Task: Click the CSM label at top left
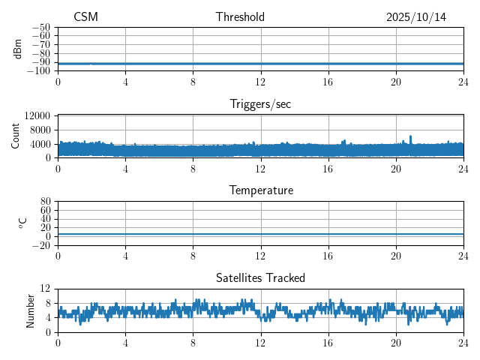pos(85,17)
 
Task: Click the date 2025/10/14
pos(416,17)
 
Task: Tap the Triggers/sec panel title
pos(260,104)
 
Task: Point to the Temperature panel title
pos(260,190)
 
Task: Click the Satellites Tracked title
pos(260,278)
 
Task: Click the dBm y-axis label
pos(18,49)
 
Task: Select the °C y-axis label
pos(22,223)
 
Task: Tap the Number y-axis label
pos(31,310)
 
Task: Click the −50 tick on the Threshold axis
pos(41,28)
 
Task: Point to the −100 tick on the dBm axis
pos(39,71)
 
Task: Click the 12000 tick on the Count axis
pos(37,116)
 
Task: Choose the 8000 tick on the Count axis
pos(39,130)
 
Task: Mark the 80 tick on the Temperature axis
pos(45,202)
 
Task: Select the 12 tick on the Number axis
pos(45,289)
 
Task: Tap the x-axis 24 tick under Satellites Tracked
pos(463,343)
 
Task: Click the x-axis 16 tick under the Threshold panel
pos(328,82)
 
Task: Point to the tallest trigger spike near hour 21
pos(410,137)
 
